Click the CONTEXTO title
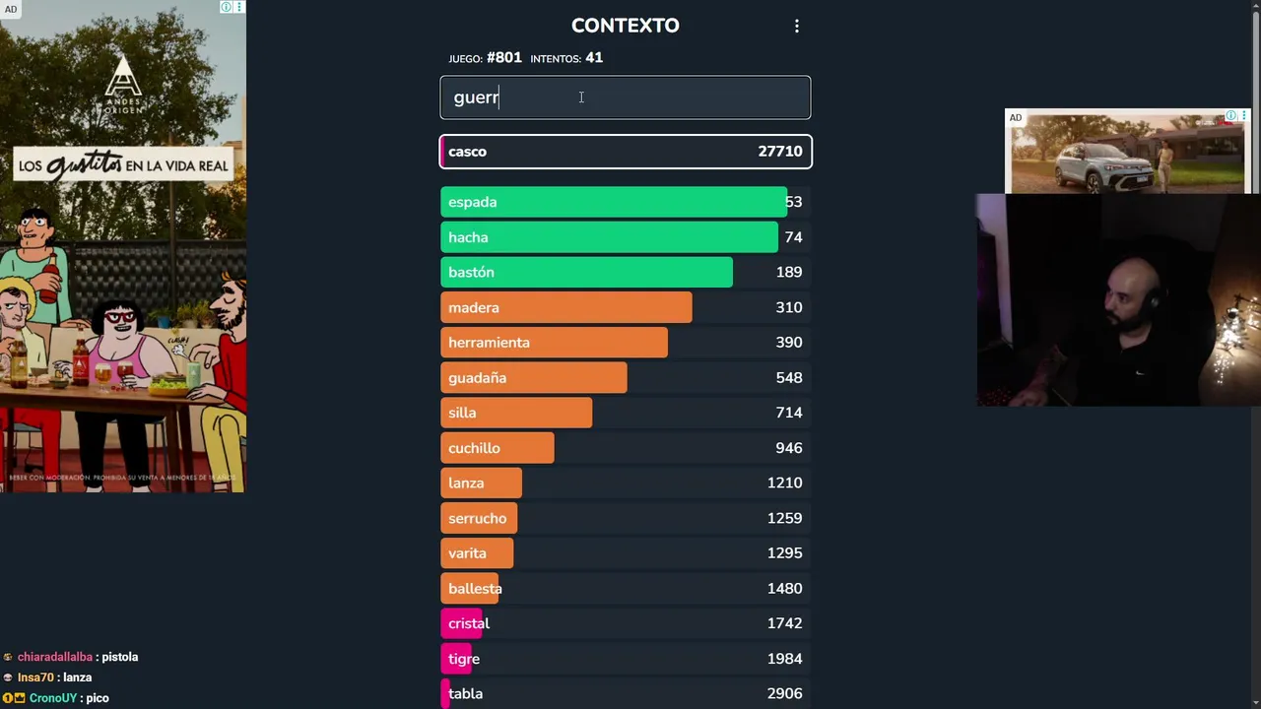(x=625, y=26)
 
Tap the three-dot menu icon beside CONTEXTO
(x=797, y=27)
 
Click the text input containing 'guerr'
(x=625, y=97)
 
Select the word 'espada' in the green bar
(x=472, y=202)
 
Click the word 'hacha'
(x=468, y=237)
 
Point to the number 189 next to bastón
(x=788, y=272)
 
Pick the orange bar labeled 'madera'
(x=565, y=307)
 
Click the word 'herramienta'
(x=489, y=343)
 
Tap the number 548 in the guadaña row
(x=788, y=378)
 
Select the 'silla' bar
(x=515, y=413)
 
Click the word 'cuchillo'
(x=474, y=448)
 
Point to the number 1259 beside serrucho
(x=784, y=518)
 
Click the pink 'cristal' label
(x=468, y=623)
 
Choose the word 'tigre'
(x=463, y=659)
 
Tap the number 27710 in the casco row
(x=779, y=152)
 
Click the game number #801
(x=503, y=58)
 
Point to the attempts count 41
(x=593, y=58)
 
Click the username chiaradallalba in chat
(x=55, y=657)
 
